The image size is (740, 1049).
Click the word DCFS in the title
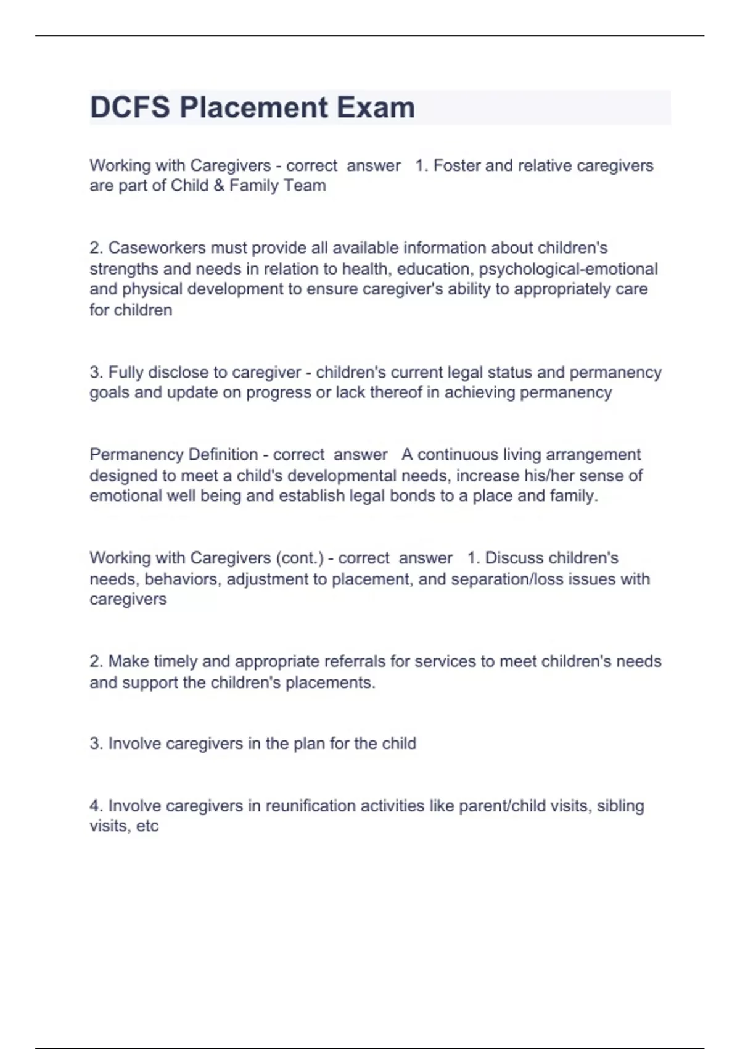click(x=130, y=107)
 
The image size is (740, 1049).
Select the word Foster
click(x=457, y=165)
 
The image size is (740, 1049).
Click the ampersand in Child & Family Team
click(x=219, y=186)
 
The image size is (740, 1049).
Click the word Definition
click(x=223, y=455)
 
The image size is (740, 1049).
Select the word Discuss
click(x=512, y=558)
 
